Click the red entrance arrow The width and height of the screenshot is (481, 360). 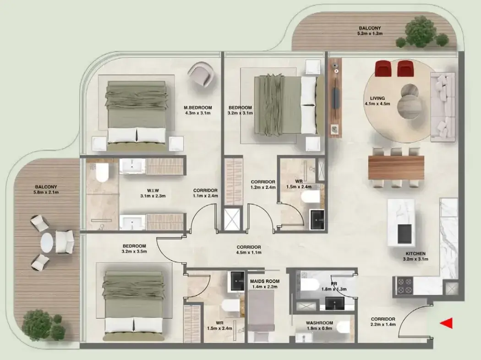tap(447, 323)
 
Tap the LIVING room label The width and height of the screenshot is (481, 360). tap(377, 98)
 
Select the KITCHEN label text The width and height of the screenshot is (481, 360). tap(415, 254)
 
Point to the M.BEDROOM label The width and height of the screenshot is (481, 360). tap(198, 108)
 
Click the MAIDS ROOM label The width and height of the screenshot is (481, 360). tap(265, 281)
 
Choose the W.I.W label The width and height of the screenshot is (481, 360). tap(153, 191)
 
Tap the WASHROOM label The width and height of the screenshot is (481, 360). tap(319, 323)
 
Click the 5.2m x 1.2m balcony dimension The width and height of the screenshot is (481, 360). tap(370, 33)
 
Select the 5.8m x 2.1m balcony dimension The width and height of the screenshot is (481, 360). tap(46, 192)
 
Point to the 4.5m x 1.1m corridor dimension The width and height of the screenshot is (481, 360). tap(249, 253)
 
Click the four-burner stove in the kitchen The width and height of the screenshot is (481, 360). tap(405, 286)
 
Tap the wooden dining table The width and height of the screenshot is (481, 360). tap(396, 168)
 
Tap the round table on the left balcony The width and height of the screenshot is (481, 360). tap(47, 243)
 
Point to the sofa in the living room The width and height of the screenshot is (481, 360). tap(443, 107)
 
